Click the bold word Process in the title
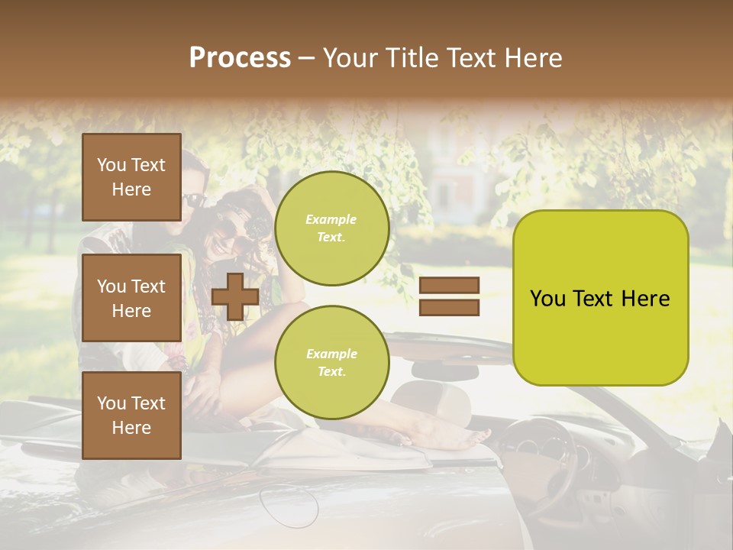[x=240, y=58]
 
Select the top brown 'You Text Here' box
[x=131, y=177]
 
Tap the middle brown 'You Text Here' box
[x=131, y=298]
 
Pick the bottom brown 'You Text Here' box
[x=131, y=415]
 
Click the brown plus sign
[x=235, y=296]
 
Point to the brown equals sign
[x=449, y=296]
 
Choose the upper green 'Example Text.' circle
[x=331, y=228]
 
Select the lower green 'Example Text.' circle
[x=331, y=363]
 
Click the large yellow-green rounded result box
[x=600, y=298]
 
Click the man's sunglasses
[x=194, y=201]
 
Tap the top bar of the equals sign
[x=449, y=286]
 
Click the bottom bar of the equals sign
[x=449, y=307]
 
